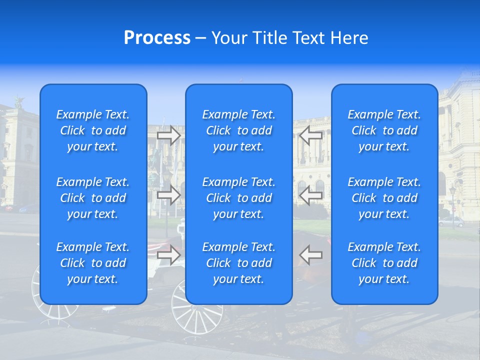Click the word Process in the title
click(x=157, y=38)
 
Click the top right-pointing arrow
click(x=169, y=135)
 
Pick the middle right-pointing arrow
click(x=169, y=195)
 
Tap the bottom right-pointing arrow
click(x=169, y=255)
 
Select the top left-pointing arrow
click(x=311, y=135)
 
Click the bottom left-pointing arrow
click(x=311, y=255)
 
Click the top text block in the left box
click(x=93, y=130)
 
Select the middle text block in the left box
click(x=93, y=198)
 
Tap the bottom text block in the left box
click(x=93, y=263)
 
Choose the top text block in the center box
click(x=239, y=130)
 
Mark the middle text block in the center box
click(x=239, y=198)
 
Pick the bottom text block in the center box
click(x=239, y=263)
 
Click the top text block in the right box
click(x=384, y=130)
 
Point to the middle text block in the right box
click(x=384, y=198)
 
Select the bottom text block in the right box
click(x=384, y=263)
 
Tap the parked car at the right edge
click(x=451, y=221)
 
